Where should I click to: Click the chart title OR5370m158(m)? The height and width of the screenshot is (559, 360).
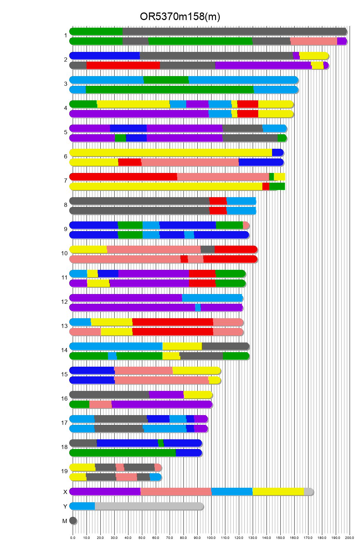click(180, 17)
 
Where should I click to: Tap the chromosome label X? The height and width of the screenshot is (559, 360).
click(65, 492)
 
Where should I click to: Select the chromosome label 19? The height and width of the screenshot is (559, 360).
click(64, 471)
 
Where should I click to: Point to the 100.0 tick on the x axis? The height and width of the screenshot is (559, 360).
click(211, 538)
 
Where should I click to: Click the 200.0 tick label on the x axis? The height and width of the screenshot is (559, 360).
click(350, 538)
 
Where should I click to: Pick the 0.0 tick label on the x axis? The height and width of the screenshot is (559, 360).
click(73, 538)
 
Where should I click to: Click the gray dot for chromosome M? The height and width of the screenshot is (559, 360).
click(73, 521)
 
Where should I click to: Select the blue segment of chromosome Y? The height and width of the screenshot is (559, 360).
click(82, 506)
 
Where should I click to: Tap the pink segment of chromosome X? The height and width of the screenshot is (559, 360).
click(175, 492)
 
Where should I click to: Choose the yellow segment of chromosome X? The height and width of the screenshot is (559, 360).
click(278, 492)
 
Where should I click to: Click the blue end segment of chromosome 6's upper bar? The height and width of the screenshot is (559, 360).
click(278, 153)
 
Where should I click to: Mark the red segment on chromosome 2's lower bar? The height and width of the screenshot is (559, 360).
click(123, 65)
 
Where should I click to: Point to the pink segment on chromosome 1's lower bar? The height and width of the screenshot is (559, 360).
click(314, 41)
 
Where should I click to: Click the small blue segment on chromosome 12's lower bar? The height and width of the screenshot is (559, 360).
click(198, 308)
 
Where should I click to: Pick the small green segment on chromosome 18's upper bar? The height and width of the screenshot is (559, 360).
click(161, 443)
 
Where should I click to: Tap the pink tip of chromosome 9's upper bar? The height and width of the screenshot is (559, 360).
click(246, 225)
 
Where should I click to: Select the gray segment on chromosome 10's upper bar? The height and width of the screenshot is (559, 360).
click(207, 249)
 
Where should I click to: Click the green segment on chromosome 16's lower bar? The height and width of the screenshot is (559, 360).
click(80, 404)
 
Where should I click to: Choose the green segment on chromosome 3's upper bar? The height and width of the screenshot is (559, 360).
click(166, 80)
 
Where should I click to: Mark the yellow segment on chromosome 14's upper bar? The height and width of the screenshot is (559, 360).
click(182, 346)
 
